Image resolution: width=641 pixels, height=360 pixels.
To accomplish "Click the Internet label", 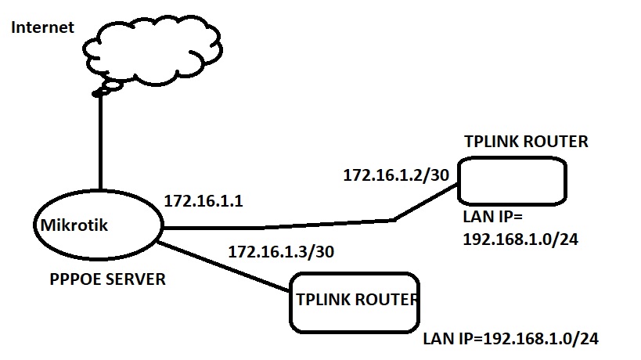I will point(42,28).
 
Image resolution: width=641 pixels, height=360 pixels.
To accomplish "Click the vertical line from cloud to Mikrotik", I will point(101,141).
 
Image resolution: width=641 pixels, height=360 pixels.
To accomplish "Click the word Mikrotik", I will point(74,226).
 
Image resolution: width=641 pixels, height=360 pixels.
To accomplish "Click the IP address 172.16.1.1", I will point(203,201).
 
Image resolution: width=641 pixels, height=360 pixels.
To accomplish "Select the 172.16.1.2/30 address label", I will point(395,175).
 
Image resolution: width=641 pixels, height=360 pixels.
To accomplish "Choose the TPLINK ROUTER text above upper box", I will point(525,142).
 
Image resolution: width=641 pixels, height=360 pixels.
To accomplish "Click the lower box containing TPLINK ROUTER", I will point(353,302).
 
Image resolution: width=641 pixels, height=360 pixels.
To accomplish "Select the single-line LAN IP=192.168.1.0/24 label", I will point(511,340).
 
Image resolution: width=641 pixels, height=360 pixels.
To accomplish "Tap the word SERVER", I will point(137,279).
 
